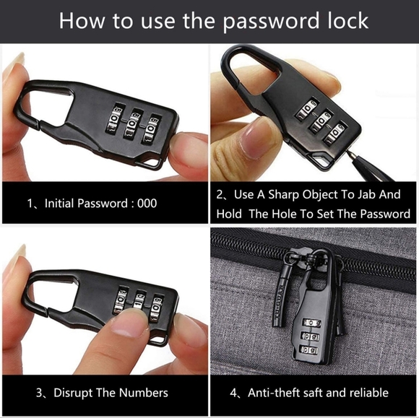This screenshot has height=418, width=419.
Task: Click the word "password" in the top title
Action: pyautogui.click(x=271, y=22)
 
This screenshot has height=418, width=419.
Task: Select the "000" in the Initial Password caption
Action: pyautogui.click(x=147, y=204)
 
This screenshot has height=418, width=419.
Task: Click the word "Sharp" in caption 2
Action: pyautogui.click(x=283, y=195)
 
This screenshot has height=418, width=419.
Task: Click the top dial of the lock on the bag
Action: pyautogui.click(x=311, y=323)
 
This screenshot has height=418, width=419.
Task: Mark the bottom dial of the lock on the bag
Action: pyautogui.click(x=309, y=350)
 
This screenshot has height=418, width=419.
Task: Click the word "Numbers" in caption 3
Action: pyautogui.click(x=144, y=393)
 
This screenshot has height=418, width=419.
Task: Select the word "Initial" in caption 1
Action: pyautogui.click(x=59, y=204)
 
